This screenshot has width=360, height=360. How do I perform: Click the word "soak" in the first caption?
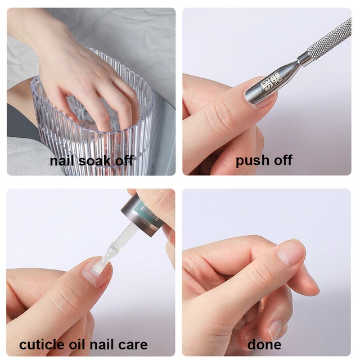[x=94, y=161]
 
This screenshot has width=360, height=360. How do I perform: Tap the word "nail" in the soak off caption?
[x=62, y=160]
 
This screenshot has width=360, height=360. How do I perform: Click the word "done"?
[x=264, y=344]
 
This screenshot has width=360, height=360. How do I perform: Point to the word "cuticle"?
[x=42, y=344]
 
